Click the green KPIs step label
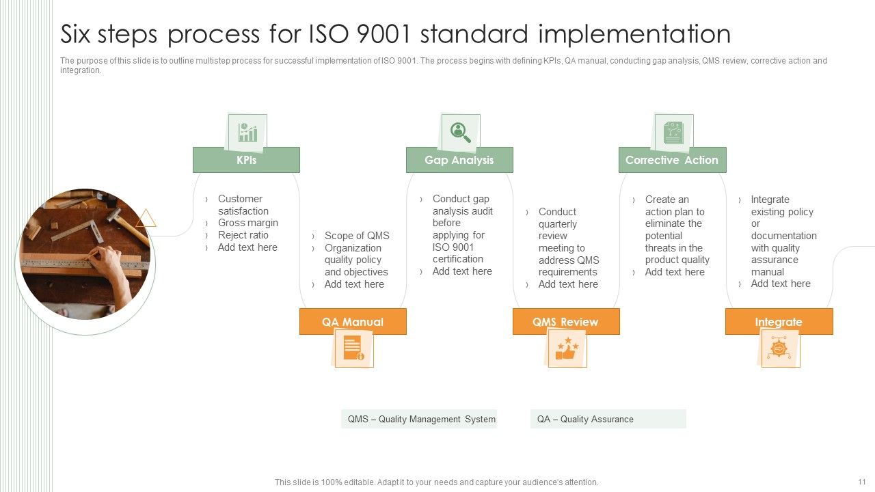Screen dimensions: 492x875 [x=246, y=160]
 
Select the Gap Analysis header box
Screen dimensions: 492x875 [x=459, y=160]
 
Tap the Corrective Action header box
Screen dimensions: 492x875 [x=672, y=160]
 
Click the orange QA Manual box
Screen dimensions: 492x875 [x=353, y=322]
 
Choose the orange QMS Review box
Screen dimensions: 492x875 [x=565, y=322]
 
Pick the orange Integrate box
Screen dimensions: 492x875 [x=779, y=322]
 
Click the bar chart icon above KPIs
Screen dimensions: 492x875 [x=247, y=133]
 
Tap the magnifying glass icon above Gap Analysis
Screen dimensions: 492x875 [x=459, y=132]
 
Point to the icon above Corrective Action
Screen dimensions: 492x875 [x=673, y=132]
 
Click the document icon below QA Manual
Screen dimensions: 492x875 [x=353, y=348]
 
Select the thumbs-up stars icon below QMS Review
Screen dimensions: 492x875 [x=567, y=349]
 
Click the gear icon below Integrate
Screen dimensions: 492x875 [x=779, y=348]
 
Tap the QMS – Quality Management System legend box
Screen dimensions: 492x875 [x=419, y=419]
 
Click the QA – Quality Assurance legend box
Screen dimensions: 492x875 [x=608, y=419]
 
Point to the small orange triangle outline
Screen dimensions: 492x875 [x=146, y=219]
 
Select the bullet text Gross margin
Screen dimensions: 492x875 [x=247, y=223]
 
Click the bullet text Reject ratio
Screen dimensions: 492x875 [x=243, y=235]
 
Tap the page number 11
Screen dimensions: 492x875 [x=861, y=482]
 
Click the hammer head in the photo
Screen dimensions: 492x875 [x=113, y=215]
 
